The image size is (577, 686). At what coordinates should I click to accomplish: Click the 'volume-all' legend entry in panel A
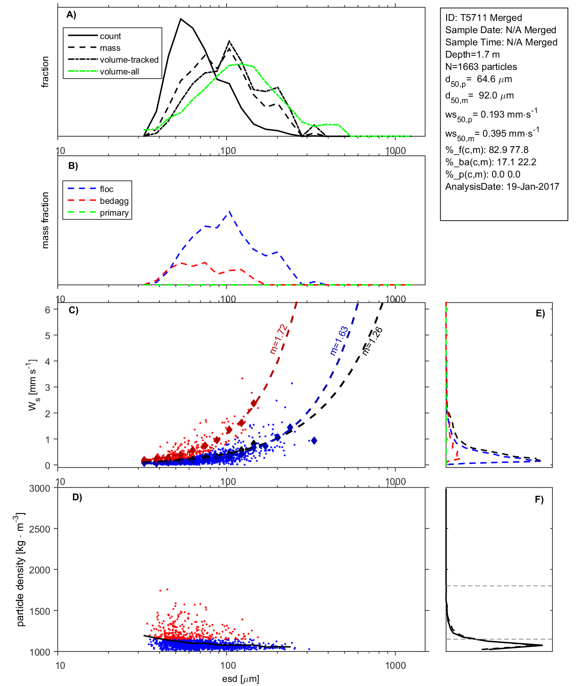(119, 72)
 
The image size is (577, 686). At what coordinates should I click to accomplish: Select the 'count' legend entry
(110, 36)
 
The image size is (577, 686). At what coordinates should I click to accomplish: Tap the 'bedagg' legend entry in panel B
(114, 201)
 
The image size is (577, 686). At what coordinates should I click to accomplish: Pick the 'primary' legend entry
(114, 213)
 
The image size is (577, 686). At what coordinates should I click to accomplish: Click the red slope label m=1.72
(279, 339)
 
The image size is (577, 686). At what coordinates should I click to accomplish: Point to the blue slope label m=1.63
(339, 341)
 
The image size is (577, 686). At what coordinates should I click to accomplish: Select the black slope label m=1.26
(373, 341)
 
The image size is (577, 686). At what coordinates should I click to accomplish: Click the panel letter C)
(73, 311)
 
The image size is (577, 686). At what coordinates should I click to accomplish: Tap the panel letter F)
(539, 499)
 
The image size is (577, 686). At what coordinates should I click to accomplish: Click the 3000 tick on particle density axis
(40, 489)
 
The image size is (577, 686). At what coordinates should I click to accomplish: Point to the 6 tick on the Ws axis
(47, 310)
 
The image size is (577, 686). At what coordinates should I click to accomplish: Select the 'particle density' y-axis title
(20, 570)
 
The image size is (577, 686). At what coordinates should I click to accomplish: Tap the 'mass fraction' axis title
(45, 220)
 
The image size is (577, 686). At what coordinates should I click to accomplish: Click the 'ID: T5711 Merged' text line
(483, 18)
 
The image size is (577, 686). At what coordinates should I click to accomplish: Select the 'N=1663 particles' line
(481, 67)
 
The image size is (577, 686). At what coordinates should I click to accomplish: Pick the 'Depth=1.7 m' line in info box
(472, 54)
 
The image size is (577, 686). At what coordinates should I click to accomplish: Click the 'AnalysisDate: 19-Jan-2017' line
(502, 187)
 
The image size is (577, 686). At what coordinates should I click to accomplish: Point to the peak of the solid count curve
(181, 19)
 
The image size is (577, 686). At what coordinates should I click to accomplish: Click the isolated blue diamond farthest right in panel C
(314, 440)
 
